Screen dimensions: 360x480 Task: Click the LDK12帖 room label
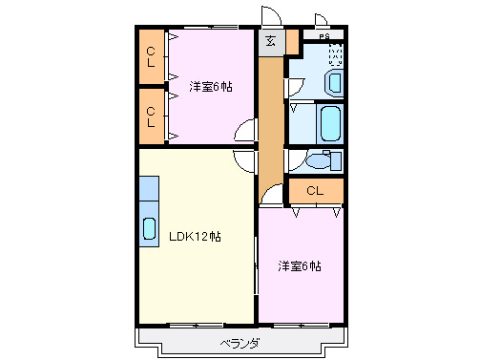point(196,236)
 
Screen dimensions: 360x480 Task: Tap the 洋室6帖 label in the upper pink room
point(210,86)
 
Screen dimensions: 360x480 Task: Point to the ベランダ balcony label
point(240,342)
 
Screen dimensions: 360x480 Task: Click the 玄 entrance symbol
point(271,41)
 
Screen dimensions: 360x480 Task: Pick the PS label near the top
point(324,36)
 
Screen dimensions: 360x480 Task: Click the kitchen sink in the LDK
point(150,229)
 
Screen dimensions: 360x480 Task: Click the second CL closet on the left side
point(152,116)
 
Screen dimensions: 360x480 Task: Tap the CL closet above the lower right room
point(315,190)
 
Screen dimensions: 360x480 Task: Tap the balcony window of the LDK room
point(197,325)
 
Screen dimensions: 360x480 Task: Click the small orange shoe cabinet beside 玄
point(292,42)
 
